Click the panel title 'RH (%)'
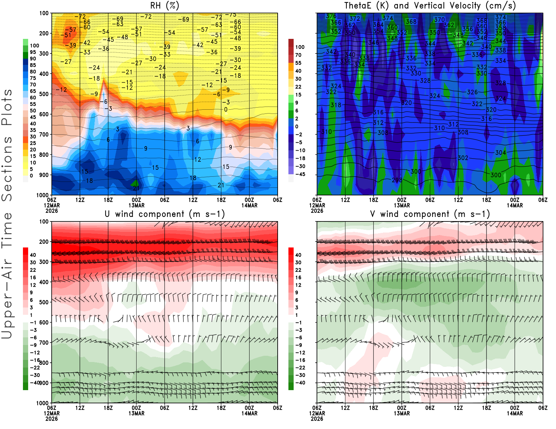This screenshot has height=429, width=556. pos(165,6)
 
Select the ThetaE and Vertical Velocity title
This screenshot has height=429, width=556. pos(430,6)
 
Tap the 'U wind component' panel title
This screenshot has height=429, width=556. pos(165,214)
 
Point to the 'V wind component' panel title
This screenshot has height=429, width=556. pos(430,214)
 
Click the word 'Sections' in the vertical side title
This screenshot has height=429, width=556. pos(7,168)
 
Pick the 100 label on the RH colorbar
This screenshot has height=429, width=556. pos(34,45)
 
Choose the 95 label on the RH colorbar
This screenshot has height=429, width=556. pos(33,52)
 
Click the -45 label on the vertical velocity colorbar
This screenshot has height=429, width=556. pos(300,174)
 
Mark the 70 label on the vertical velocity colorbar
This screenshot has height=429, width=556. pos(298,55)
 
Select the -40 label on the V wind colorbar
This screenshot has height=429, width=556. pos(300,383)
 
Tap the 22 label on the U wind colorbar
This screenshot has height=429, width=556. pos(33,270)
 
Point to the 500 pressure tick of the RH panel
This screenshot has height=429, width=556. pos(44,94)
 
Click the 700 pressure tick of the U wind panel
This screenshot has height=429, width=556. pos(44,343)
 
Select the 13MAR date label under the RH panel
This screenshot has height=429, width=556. pos(137,205)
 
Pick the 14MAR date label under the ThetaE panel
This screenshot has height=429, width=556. pos(515,205)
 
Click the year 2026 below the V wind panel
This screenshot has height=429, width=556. pos(317,419)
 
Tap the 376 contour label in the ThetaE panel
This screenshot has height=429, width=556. pos(331,16)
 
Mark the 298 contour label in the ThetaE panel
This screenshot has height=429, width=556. pos(397,180)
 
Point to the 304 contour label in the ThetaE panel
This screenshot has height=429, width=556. pos(500,153)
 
